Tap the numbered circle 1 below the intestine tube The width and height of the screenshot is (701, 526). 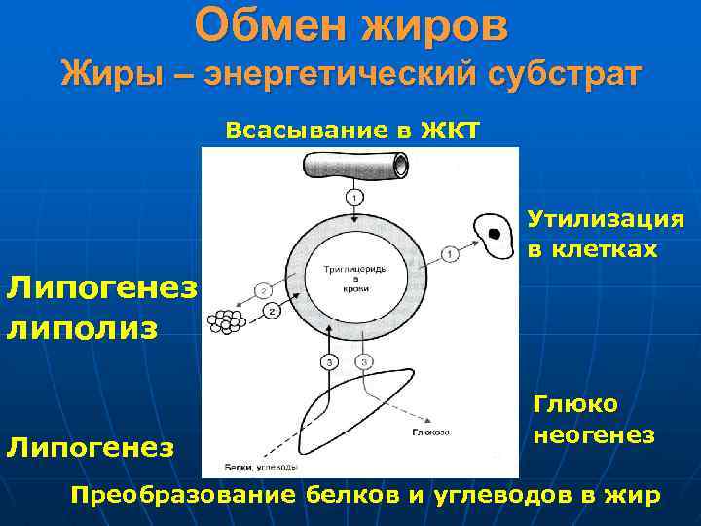click(x=355, y=198)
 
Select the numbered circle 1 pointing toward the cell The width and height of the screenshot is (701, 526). click(x=449, y=255)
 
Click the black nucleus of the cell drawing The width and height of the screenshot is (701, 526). click(x=495, y=235)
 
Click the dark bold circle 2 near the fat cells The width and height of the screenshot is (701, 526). click(x=272, y=310)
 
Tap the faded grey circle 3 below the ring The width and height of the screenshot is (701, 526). click(x=363, y=363)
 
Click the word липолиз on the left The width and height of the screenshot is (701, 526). click(x=82, y=327)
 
